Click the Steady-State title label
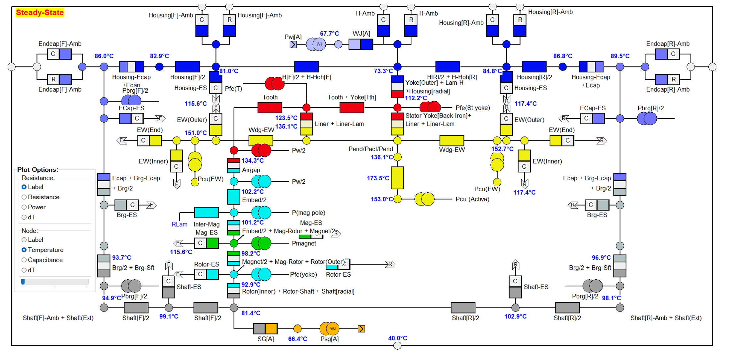point(40,13)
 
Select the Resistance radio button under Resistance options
point(24,197)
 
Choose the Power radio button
point(24,207)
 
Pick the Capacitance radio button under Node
point(24,260)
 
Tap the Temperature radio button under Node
point(24,250)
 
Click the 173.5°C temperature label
point(378,178)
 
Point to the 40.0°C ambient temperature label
point(397,338)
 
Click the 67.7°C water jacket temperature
point(329,34)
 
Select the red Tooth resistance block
point(270,108)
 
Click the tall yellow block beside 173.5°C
point(397,178)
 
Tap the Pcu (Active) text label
point(472,199)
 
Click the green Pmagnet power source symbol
point(261,243)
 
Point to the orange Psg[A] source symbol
point(329,329)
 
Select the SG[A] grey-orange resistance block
point(265,329)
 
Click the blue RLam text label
point(179,224)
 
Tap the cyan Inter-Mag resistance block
point(206,213)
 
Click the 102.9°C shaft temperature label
point(515,316)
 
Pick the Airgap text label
point(251,170)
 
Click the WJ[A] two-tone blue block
point(361,44)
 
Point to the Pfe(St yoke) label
point(473,108)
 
